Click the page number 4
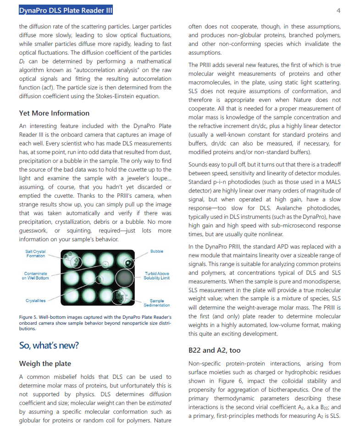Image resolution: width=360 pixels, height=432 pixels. pos(338,11)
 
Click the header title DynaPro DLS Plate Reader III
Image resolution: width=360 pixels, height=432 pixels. pos(66,11)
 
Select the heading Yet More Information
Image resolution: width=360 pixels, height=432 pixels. pos(54,113)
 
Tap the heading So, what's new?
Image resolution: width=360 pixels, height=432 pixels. pos(49,345)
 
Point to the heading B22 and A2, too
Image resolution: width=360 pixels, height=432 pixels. pos(214,350)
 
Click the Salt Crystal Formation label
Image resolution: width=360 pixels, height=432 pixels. pos(36,253)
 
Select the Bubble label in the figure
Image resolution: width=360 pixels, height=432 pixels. pos(156,251)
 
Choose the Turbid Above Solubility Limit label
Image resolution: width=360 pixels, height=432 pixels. pos(156,276)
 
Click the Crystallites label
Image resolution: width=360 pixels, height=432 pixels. pos(35,300)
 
